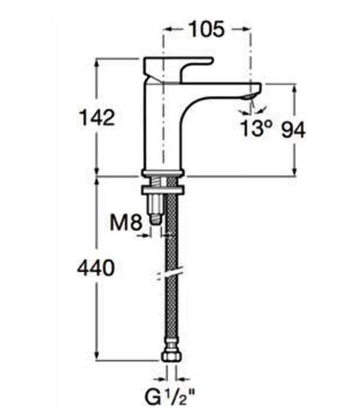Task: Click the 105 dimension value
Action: click(206, 29)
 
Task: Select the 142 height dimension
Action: click(97, 118)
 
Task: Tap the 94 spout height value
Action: click(293, 130)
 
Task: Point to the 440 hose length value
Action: click(96, 267)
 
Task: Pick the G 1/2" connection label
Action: click(170, 398)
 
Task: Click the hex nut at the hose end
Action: click(172, 357)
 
